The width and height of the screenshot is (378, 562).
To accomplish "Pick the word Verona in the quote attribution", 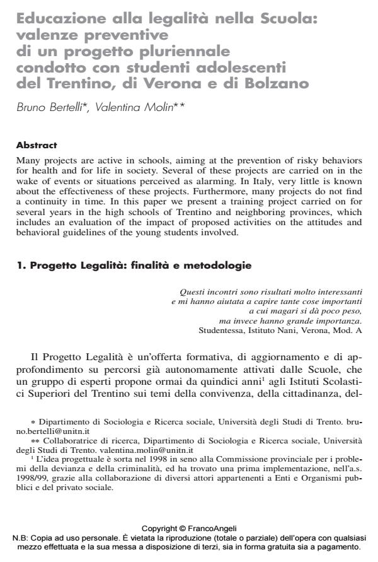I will tap(307, 329).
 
